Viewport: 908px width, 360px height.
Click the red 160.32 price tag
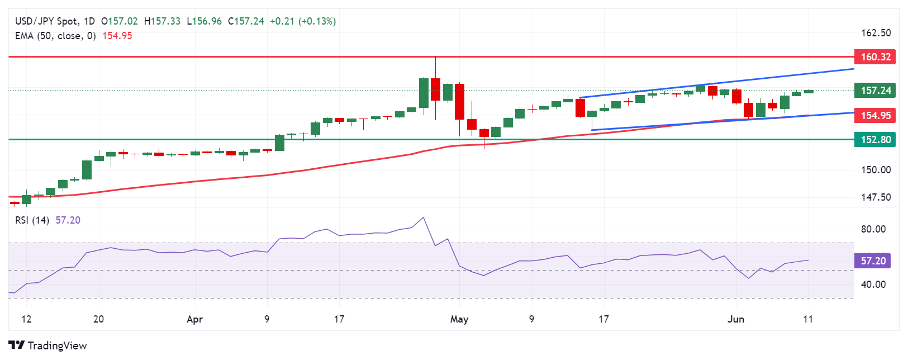tap(874, 57)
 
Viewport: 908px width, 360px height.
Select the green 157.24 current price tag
tap(874, 91)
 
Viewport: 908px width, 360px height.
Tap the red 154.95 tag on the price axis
tap(874, 116)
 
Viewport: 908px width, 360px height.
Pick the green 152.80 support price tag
tap(874, 140)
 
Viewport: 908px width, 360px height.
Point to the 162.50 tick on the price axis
tap(876, 33)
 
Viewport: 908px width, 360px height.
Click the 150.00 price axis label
tap(876, 170)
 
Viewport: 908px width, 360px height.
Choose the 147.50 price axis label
tap(876, 197)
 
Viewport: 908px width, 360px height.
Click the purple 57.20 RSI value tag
tap(873, 261)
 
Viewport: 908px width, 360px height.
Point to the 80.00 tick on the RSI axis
tap(873, 229)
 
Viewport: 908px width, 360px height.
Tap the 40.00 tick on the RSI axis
tap(873, 285)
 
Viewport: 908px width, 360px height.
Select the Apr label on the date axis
tap(194, 319)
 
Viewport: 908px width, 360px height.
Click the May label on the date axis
tap(459, 319)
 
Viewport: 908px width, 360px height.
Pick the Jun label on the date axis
tap(736, 319)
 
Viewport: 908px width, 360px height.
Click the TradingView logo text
tap(57, 345)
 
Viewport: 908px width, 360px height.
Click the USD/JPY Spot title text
tap(47, 21)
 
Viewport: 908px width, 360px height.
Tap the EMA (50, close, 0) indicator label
tap(55, 36)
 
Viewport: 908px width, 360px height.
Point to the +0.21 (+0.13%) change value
tap(303, 21)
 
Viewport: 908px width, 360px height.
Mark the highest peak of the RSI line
tap(424, 217)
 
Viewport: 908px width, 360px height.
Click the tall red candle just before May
tap(459, 101)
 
